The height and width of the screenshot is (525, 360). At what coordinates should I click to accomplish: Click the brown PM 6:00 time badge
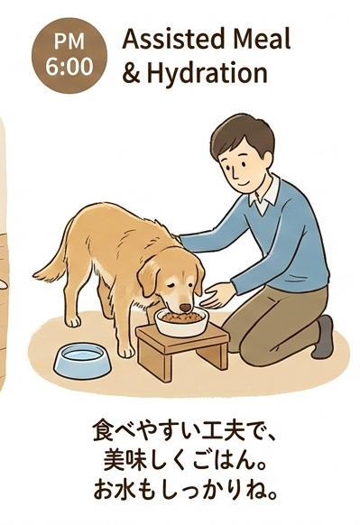(69, 56)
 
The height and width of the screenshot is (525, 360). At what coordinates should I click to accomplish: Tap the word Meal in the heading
(262, 39)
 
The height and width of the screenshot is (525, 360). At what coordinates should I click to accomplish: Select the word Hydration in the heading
(207, 74)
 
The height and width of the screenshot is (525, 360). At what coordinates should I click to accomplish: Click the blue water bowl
(82, 360)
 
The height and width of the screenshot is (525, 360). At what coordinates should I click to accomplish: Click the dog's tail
(53, 264)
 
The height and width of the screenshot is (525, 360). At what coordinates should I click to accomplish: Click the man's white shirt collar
(263, 196)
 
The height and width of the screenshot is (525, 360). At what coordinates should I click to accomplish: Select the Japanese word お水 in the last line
(114, 491)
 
